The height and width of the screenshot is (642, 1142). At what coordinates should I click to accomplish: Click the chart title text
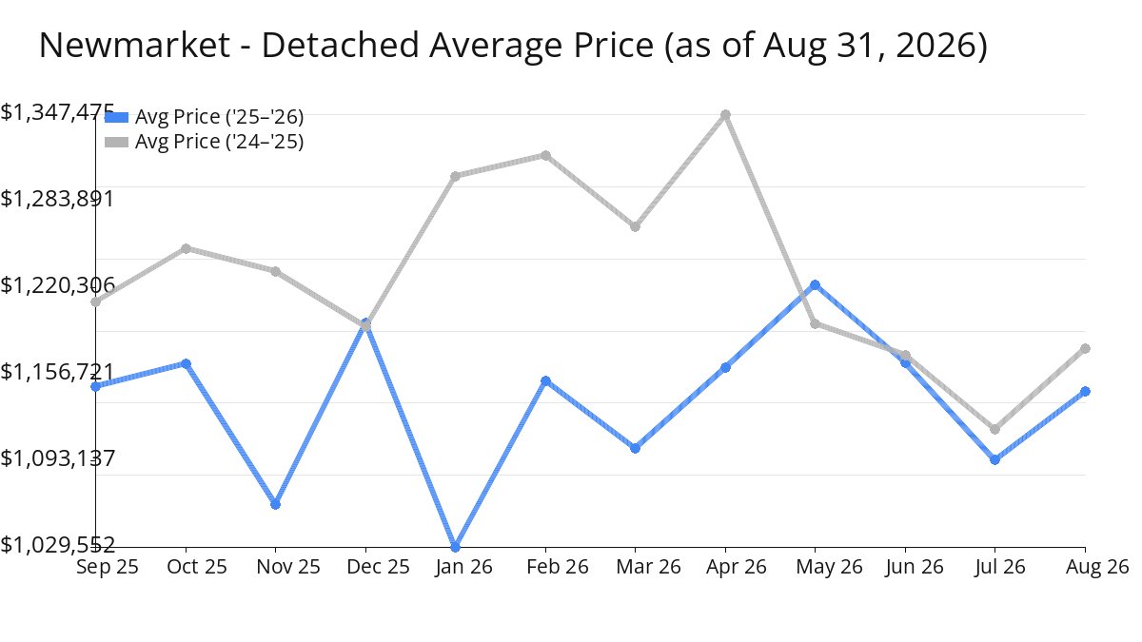point(513,46)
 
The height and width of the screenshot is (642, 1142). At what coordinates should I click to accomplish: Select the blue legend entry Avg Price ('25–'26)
point(204,117)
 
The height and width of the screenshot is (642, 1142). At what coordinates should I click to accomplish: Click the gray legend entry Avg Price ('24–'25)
point(204,142)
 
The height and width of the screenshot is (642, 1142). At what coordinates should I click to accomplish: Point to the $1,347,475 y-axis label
point(57,112)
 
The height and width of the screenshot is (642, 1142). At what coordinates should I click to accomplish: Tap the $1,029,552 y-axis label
point(57,545)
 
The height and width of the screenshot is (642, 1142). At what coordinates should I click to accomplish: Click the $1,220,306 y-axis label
point(57,285)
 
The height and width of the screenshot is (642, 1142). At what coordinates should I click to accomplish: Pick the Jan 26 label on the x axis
point(463,567)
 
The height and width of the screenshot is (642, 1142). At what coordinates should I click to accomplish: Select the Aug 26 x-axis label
point(1097,567)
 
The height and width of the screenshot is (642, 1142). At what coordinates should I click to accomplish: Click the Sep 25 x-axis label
point(107,567)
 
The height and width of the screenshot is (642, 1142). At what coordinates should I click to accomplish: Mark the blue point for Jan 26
point(455,547)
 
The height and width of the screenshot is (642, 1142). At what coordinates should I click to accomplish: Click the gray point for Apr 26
point(725,115)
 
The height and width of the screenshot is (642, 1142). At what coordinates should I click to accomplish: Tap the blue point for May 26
point(816,284)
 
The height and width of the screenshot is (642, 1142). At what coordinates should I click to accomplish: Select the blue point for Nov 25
point(275,504)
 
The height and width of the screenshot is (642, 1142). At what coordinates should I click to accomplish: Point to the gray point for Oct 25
point(187,248)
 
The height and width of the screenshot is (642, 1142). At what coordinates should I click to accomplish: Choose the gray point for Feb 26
point(545,155)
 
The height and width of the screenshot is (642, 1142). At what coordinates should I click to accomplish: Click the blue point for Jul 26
point(994,459)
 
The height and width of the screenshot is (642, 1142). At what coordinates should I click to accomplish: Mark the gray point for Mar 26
point(636,226)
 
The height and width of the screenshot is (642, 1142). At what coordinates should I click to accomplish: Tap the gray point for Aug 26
point(1086,348)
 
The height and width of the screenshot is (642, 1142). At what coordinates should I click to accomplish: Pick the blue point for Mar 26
point(636,448)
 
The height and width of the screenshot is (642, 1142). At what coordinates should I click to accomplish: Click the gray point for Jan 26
point(455,176)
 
